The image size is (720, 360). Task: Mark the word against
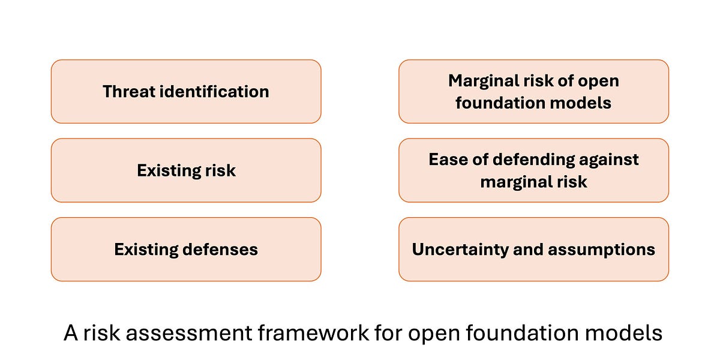[610, 160]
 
